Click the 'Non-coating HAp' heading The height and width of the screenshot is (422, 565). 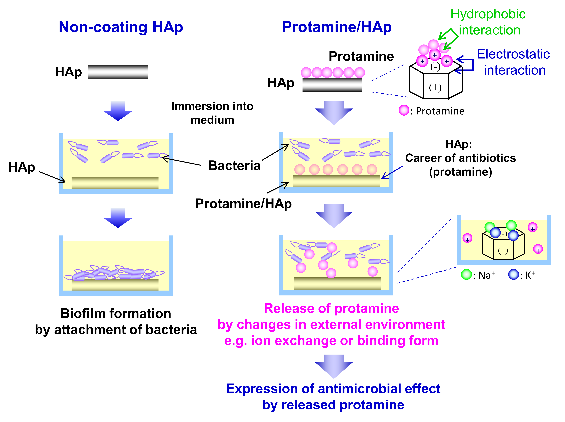[x=121, y=27]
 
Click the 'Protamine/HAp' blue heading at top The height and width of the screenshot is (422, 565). [x=337, y=27]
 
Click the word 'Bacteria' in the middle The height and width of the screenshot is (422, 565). [x=234, y=166]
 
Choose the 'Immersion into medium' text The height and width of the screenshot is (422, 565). [x=212, y=113]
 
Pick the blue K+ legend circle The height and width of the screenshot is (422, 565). [x=513, y=275]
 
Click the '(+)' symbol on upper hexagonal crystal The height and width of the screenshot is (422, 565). [x=435, y=87]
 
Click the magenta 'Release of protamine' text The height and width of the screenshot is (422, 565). [x=331, y=308]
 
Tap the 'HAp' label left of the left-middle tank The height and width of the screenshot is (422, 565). [x=22, y=167]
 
